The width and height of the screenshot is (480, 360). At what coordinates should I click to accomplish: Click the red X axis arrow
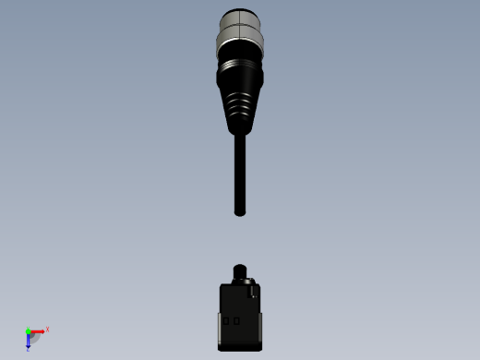tap(38, 330)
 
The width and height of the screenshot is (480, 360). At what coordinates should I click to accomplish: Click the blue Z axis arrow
tap(28, 341)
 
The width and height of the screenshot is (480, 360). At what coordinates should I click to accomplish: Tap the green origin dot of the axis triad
tap(28, 330)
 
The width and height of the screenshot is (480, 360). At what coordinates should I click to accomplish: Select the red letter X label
tap(47, 329)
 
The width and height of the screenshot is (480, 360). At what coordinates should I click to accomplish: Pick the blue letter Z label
tap(28, 350)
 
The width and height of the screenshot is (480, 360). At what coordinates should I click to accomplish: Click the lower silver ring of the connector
tap(240, 42)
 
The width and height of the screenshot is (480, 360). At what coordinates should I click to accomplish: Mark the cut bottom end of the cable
tap(240, 212)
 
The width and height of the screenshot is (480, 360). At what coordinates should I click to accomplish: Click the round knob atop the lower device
tap(240, 270)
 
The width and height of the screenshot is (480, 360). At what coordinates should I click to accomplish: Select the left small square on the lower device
tap(227, 321)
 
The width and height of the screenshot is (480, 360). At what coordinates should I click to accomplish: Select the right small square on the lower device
tap(236, 321)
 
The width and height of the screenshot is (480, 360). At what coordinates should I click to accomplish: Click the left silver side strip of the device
tap(221, 329)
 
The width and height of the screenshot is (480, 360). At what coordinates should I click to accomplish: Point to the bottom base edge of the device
tap(240, 348)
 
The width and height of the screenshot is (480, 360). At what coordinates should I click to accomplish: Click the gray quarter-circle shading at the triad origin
tap(34, 337)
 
